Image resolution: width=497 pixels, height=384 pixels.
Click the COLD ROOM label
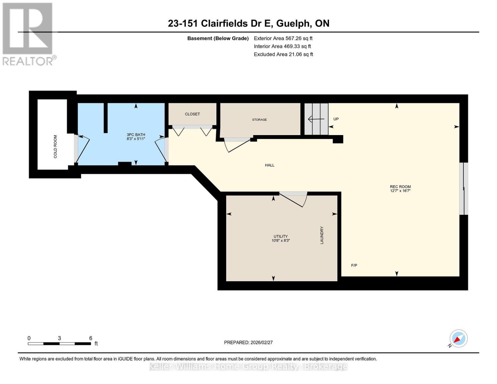click(55, 147)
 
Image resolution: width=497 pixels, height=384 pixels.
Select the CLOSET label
click(192, 114)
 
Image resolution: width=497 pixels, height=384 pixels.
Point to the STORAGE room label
click(259, 120)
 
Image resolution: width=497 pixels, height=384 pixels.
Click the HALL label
click(269, 165)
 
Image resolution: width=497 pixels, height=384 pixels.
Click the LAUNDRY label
click(322, 235)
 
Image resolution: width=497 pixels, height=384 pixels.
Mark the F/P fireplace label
click(354, 265)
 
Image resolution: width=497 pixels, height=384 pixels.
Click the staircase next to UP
click(316, 119)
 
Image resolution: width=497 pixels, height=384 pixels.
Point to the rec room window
click(464, 189)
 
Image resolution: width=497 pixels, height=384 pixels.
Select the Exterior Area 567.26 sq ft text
click(283, 38)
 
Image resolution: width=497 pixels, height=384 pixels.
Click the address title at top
click(248, 23)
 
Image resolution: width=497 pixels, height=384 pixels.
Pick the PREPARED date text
click(248, 342)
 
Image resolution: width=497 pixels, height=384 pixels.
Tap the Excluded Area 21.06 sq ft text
click(283, 54)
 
